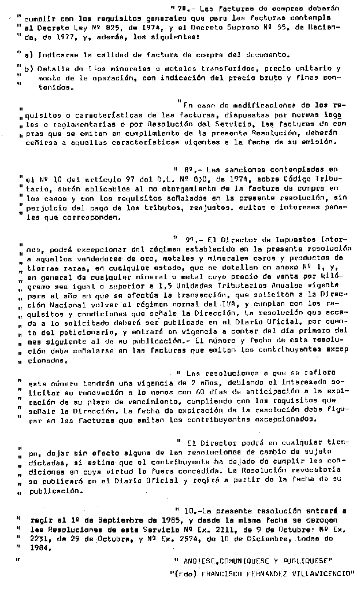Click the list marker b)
tap(29, 69)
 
